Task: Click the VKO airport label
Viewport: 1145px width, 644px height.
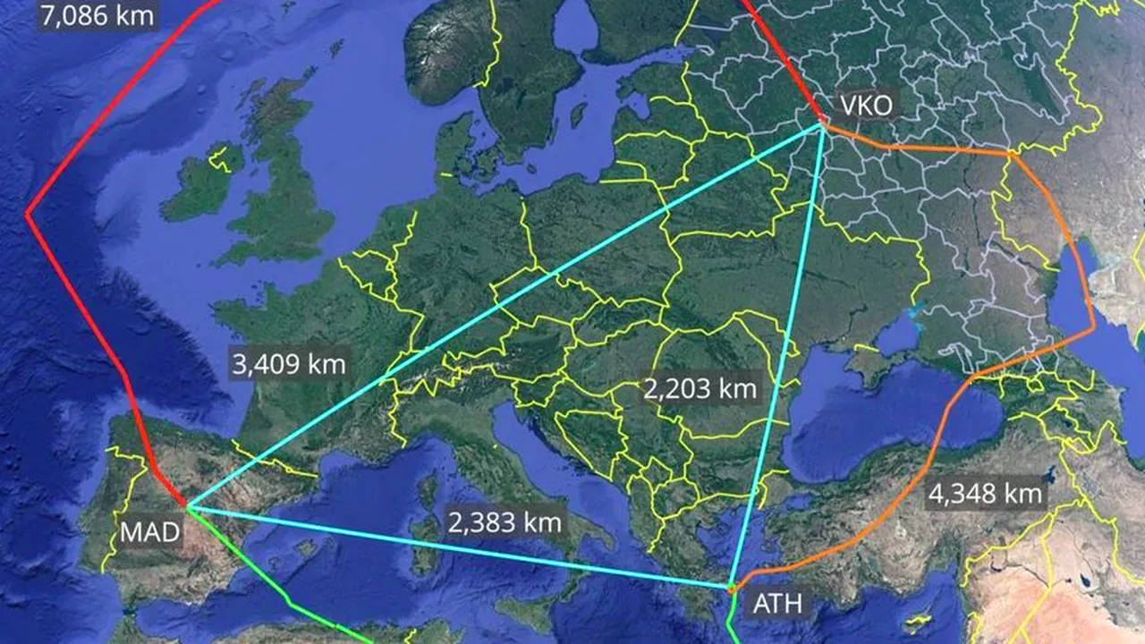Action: click(x=865, y=106)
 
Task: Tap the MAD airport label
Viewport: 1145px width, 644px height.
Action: click(x=150, y=533)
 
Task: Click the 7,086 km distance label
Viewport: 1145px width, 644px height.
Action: click(x=98, y=14)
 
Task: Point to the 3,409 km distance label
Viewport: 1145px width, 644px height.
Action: click(x=288, y=365)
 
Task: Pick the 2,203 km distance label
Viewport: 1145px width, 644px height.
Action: click(x=700, y=389)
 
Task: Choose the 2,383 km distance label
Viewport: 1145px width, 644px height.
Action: click(x=505, y=521)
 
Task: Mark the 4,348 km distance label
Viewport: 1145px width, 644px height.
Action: click(x=984, y=493)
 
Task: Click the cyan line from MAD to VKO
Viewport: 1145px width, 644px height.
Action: click(x=501, y=318)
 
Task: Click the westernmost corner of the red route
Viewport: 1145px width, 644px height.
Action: click(x=28, y=214)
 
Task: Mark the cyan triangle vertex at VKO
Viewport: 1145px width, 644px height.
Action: click(x=822, y=125)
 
